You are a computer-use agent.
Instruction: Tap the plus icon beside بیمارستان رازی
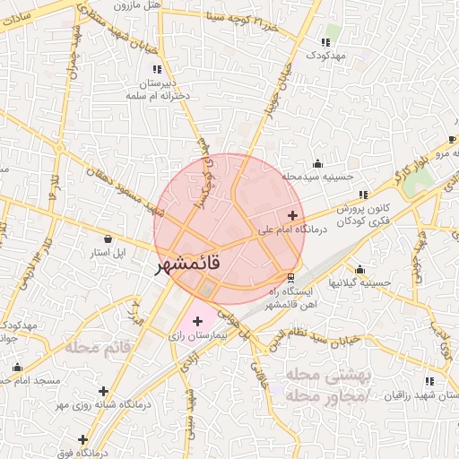point(197,321)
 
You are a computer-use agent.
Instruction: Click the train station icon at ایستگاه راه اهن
point(290,277)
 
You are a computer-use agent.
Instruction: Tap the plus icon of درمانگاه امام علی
point(292,215)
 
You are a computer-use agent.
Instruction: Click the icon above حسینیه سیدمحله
point(316,164)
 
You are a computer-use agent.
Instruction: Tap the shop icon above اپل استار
point(108,239)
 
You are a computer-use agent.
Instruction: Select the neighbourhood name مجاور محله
point(324,394)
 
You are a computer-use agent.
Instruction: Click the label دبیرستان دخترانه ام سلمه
point(160,88)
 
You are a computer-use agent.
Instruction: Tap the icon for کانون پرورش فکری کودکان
point(363,195)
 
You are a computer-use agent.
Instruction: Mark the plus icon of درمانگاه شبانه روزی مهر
point(104,391)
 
